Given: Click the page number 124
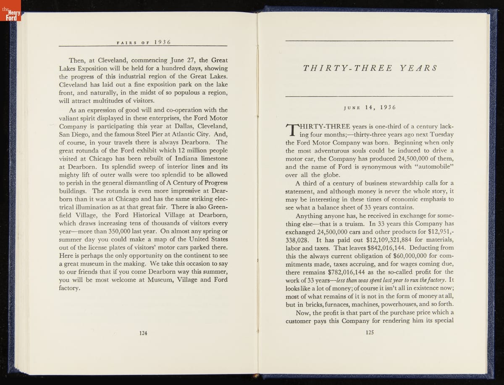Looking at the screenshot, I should [143, 333].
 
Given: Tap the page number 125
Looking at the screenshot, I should [370, 332].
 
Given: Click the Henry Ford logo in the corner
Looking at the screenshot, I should [10, 16].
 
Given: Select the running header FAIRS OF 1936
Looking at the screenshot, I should [142, 41].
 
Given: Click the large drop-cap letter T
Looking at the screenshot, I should [291, 129].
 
